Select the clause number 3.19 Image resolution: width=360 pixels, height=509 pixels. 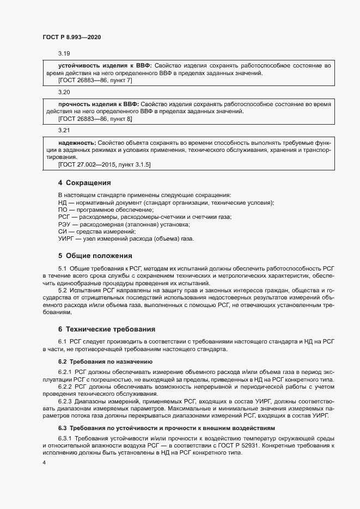[x=64, y=53]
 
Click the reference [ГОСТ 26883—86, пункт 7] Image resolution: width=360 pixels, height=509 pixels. [x=95, y=80]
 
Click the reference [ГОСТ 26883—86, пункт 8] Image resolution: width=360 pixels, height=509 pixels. [x=95, y=118]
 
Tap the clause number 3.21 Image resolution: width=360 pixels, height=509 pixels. [x=64, y=131]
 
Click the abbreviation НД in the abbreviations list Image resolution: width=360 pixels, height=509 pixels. [x=62, y=203]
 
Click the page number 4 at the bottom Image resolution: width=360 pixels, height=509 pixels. [x=45, y=463]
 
